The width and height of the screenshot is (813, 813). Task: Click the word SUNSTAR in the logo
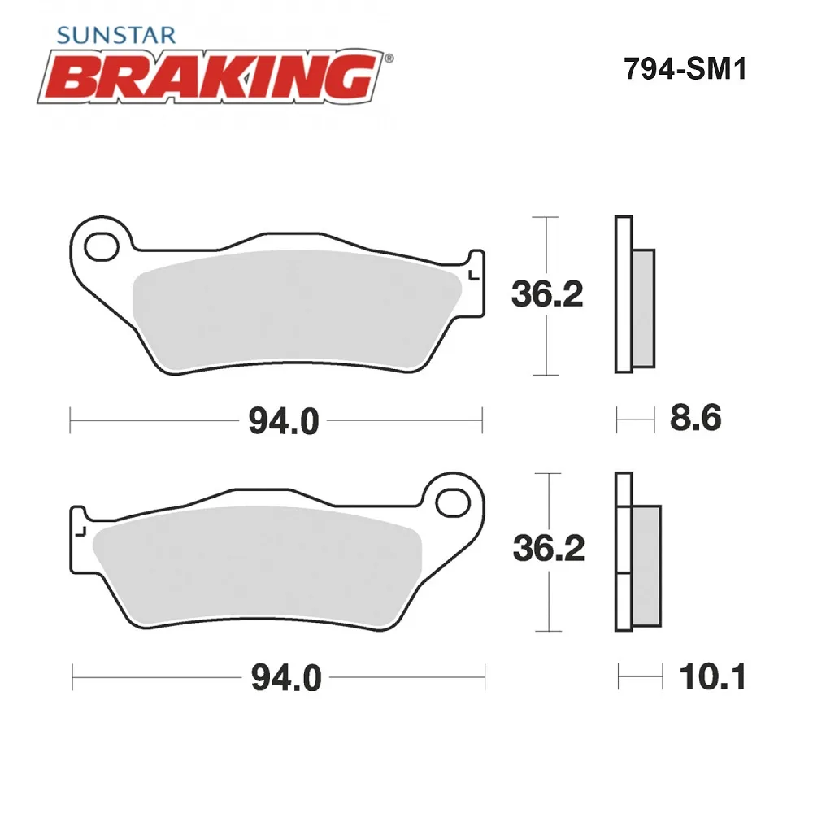(116, 35)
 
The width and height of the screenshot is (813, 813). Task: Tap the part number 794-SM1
(685, 68)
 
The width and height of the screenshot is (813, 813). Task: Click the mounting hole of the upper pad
(102, 247)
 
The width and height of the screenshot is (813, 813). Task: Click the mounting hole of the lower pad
(453, 503)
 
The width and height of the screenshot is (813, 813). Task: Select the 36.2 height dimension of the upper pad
(547, 293)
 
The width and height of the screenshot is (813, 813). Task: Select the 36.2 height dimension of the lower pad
(549, 548)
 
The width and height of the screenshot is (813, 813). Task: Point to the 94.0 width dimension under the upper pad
(284, 420)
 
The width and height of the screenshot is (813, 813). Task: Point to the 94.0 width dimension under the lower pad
(286, 677)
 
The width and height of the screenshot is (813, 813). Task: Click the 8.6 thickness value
(695, 418)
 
